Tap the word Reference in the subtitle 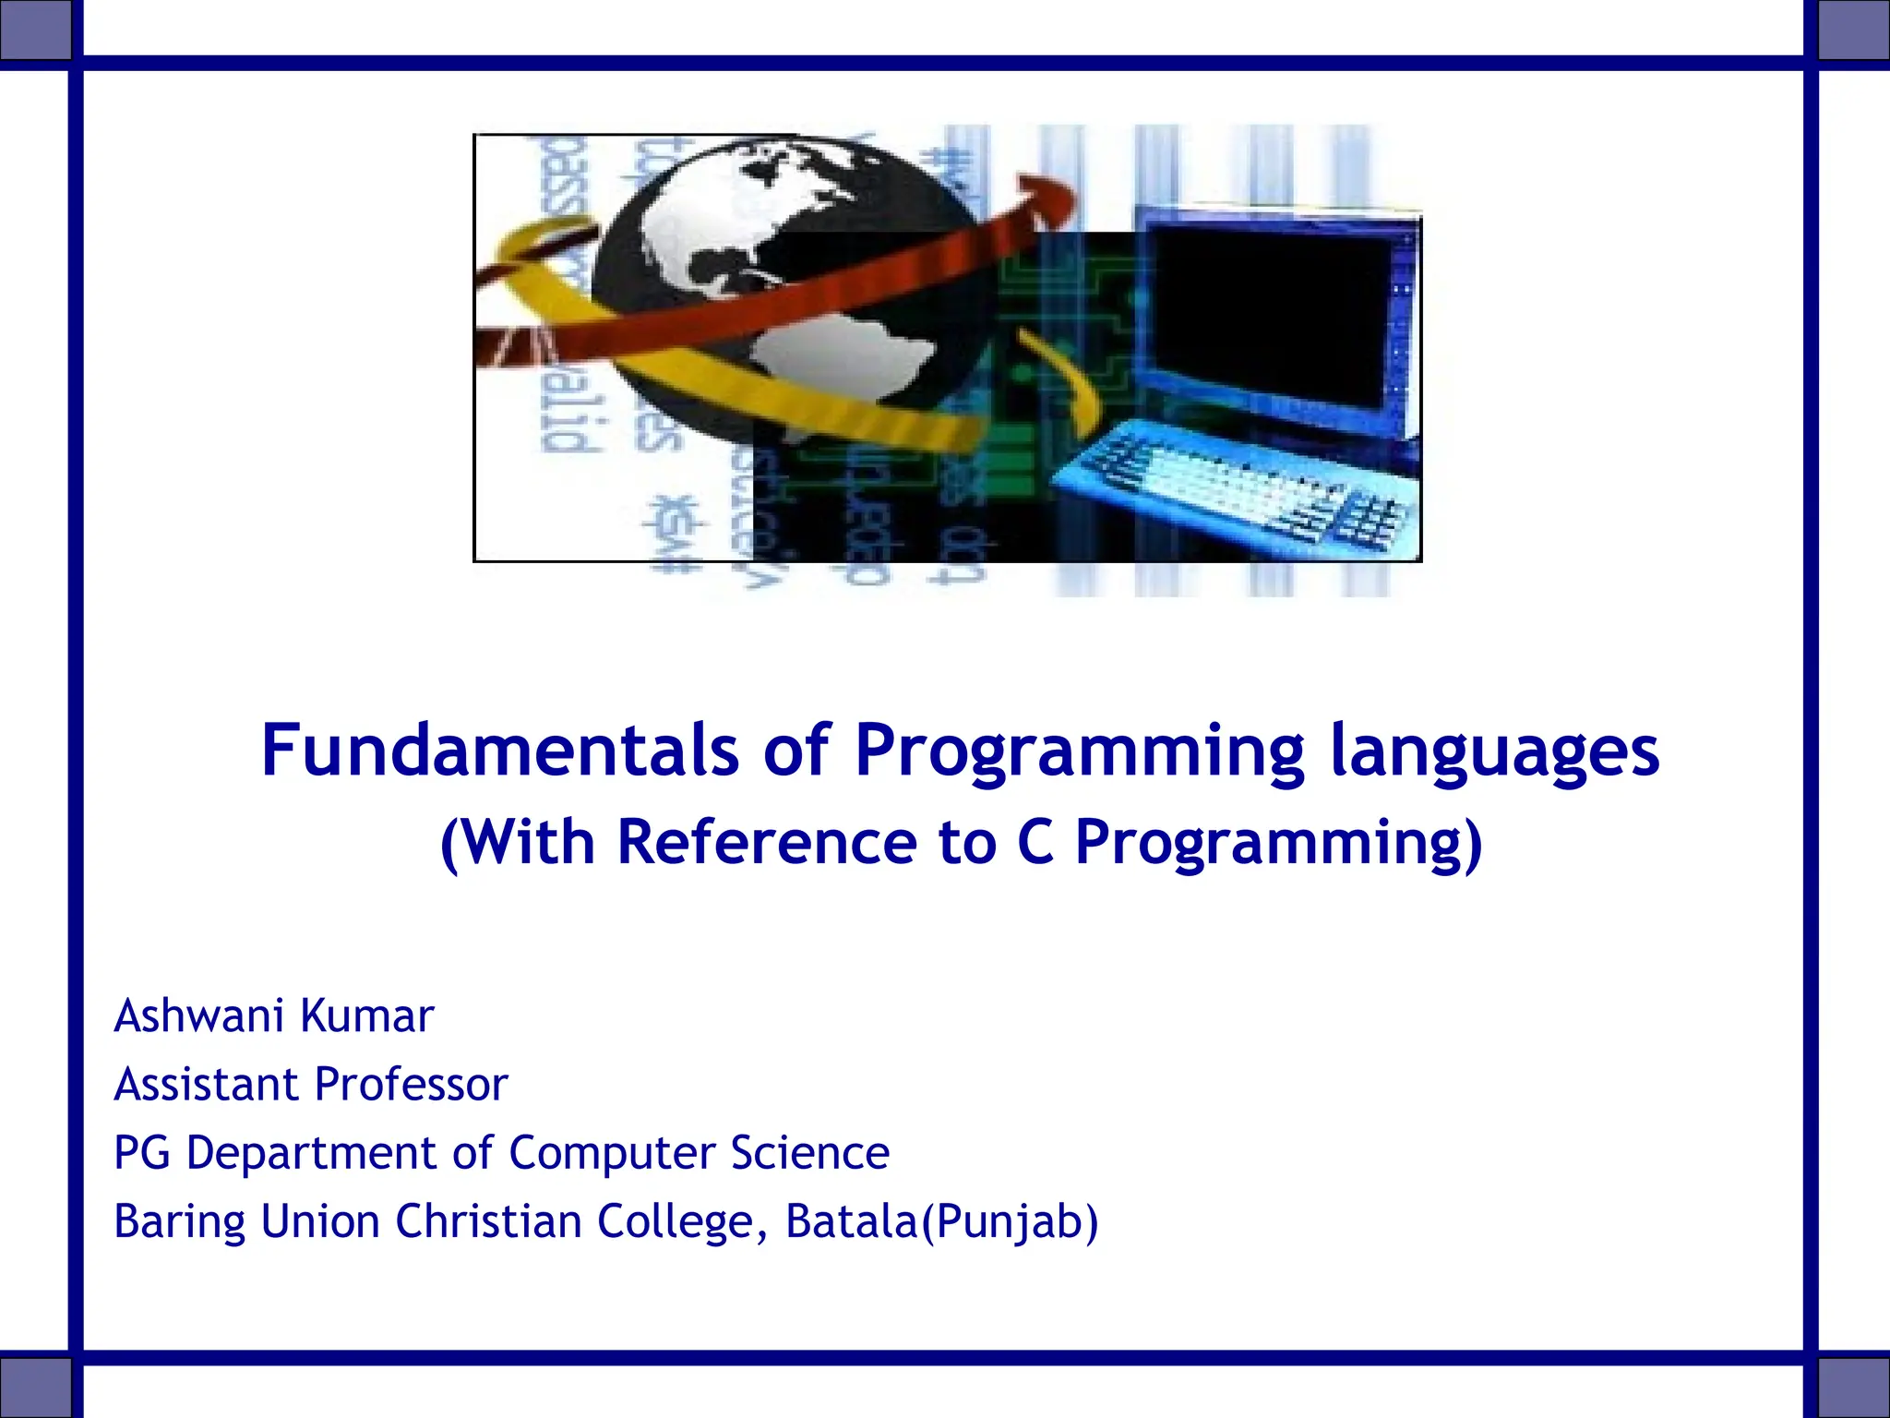coord(766,842)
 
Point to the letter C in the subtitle coord(1035,842)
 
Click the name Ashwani coord(198,1016)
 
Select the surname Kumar coord(367,1016)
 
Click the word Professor coord(411,1085)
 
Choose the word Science coord(809,1153)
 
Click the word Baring coord(179,1222)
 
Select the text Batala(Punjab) coord(941,1221)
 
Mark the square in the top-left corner coord(35,30)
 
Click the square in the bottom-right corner coord(1853,1387)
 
